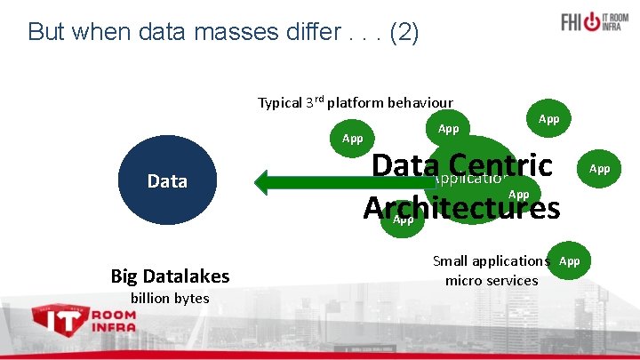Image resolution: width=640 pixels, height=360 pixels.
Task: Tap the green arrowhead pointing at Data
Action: (x=266, y=181)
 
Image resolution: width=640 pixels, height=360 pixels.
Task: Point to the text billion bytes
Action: (x=170, y=298)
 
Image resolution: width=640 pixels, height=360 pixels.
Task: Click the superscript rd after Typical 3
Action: (x=317, y=99)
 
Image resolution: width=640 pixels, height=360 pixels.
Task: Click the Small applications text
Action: (x=491, y=261)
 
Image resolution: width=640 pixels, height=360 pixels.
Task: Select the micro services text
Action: (x=492, y=281)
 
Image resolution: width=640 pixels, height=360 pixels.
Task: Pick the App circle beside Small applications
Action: (x=570, y=260)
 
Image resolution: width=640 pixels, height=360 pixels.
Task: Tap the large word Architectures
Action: (x=461, y=207)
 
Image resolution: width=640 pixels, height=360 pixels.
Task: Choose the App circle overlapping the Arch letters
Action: (x=403, y=220)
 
